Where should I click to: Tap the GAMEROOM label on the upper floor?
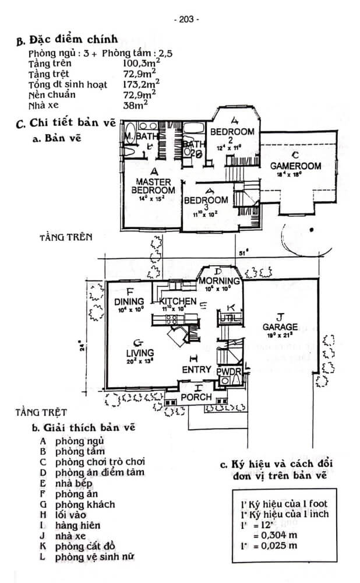(x=295, y=166)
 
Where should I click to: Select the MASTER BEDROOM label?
(x=153, y=186)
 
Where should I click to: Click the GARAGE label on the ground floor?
(x=280, y=326)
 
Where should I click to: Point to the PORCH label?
(x=196, y=397)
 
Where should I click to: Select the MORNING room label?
(x=217, y=282)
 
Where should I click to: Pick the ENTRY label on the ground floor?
(x=196, y=370)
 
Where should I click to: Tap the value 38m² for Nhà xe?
(x=136, y=106)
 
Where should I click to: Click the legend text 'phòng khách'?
(x=85, y=504)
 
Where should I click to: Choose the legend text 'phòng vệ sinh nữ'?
(x=95, y=557)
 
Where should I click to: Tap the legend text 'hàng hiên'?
(x=78, y=525)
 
